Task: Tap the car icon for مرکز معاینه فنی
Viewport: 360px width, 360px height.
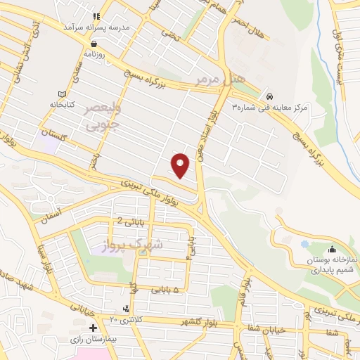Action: (268, 96)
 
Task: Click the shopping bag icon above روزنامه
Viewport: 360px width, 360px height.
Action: (94, 41)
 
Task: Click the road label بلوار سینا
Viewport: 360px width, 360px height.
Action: (45, 260)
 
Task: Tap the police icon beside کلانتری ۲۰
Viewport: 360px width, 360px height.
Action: (127, 309)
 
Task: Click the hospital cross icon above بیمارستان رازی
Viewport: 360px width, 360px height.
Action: (93, 328)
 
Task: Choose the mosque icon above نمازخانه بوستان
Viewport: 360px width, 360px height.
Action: (331, 250)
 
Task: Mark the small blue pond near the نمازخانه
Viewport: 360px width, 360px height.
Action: (304, 244)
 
